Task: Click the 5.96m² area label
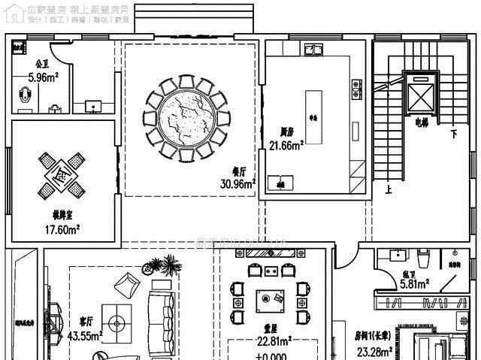point(44,77)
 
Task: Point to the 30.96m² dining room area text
point(238,183)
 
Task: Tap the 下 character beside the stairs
point(453,135)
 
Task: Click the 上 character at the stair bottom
point(388,190)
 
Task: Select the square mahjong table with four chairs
point(62,174)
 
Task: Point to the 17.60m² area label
point(62,229)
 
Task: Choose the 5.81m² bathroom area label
point(414,284)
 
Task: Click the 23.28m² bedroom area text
point(371,352)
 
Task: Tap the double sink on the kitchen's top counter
point(313,50)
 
